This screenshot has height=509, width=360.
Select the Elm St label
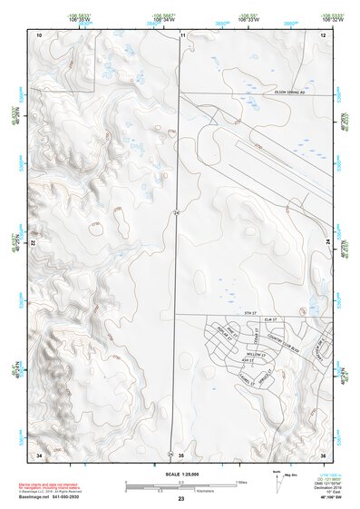tap(268, 319)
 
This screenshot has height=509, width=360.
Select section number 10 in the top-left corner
tap(39, 34)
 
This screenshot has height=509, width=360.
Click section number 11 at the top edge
tap(182, 34)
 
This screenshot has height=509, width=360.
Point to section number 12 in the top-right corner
tap(323, 34)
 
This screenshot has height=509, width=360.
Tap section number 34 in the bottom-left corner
tap(39, 453)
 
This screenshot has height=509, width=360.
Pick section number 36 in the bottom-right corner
tap(323, 453)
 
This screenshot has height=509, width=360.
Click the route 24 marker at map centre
tap(178, 211)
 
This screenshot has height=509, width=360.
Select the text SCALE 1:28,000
tap(180, 474)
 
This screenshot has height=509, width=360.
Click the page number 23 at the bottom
tap(180, 500)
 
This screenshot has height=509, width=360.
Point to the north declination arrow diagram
tap(277, 484)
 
